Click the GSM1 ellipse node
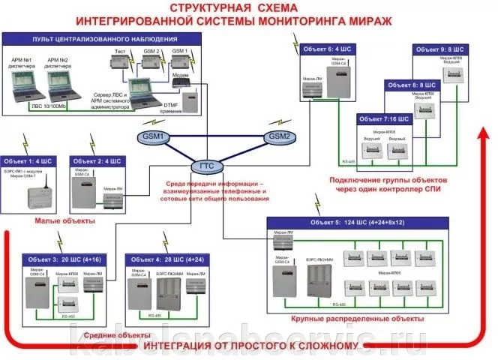tap(154, 138)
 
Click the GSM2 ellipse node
tap(278, 137)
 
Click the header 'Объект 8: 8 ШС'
tap(411, 86)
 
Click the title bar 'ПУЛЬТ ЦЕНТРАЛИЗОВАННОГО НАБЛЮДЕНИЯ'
tap(104, 37)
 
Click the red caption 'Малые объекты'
tap(64, 222)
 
